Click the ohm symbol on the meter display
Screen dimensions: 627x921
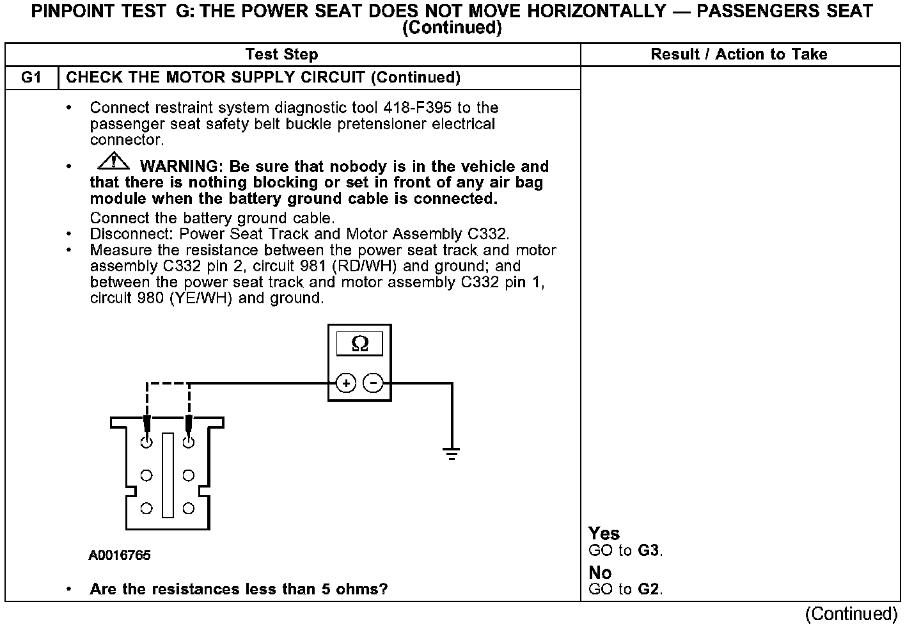coord(360,344)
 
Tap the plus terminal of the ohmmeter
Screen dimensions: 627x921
coord(346,383)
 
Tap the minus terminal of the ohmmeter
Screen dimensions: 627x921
coord(373,383)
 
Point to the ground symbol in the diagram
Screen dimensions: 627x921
coord(451,454)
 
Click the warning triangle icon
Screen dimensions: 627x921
coord(113,161)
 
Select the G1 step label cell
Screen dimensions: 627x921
coord(31,77)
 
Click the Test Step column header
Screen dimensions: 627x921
coord(281,54)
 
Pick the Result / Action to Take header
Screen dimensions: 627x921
coord(739,54)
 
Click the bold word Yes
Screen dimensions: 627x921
coord(604,534)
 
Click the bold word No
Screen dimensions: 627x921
coord(600,573)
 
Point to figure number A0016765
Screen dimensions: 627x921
coord(120,555)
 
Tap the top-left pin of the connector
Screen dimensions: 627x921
coord(146,442)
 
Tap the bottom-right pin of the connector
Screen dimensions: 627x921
coord(188,509)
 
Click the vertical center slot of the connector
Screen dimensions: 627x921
coord(168,475)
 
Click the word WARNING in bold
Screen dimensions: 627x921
coord(178,166)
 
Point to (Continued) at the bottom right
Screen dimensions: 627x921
coord(851,614)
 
